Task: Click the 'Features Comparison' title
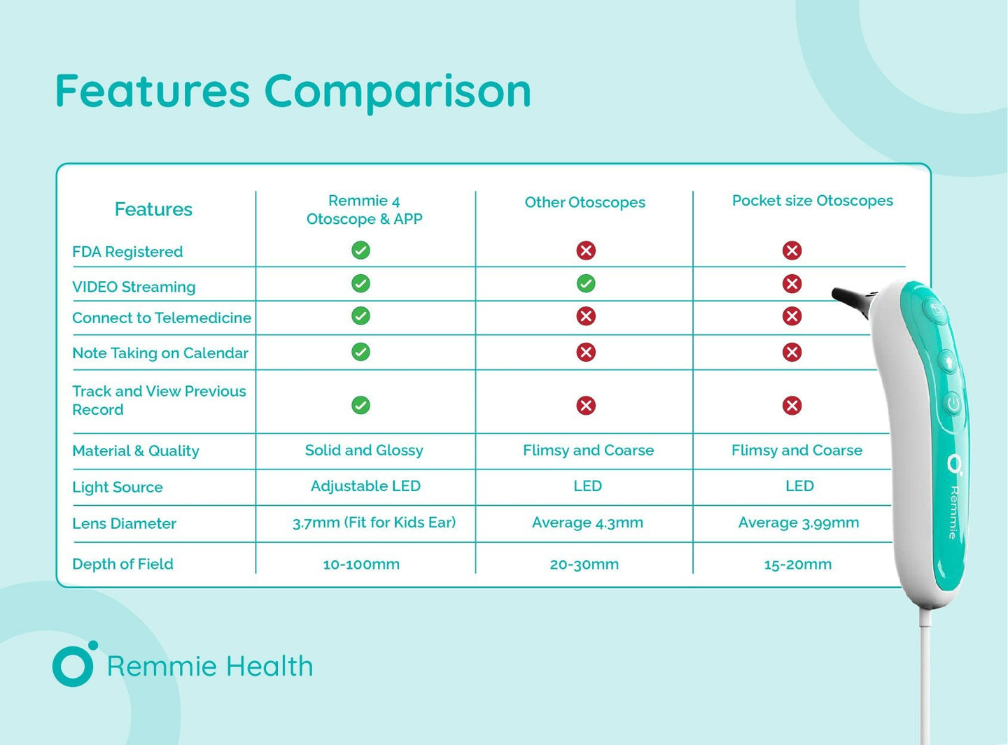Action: click(x=293, y=92)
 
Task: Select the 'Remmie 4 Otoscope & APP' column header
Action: click(x=364, y=210)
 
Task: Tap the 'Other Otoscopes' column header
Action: click(x=584, y=202)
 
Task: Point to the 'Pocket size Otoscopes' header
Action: click(x=812, y=201)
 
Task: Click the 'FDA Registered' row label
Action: click(x=127, y=252)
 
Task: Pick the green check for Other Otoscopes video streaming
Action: click(x=586, y=283)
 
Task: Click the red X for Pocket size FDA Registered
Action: click(x=792, y=250)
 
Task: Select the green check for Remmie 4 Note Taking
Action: click(x=360, y=352)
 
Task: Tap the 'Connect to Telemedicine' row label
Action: click(x=162, y=318)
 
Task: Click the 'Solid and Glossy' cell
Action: click(x=364, y=450)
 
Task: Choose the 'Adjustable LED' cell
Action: click(x=365, y=486)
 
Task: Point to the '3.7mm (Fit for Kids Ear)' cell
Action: click(x=374, y=523)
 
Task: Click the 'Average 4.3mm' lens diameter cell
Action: click(x=587, y=523)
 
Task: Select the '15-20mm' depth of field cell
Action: click(x=797, y=565)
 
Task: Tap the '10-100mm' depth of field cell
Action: click(x=361, y=565)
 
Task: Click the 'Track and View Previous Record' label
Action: click(x=159, y=400)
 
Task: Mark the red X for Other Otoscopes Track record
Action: click(x=586, y=406)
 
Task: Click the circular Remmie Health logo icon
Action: click(x=73, y=665)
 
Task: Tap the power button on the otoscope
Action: click(x=953, y=404)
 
